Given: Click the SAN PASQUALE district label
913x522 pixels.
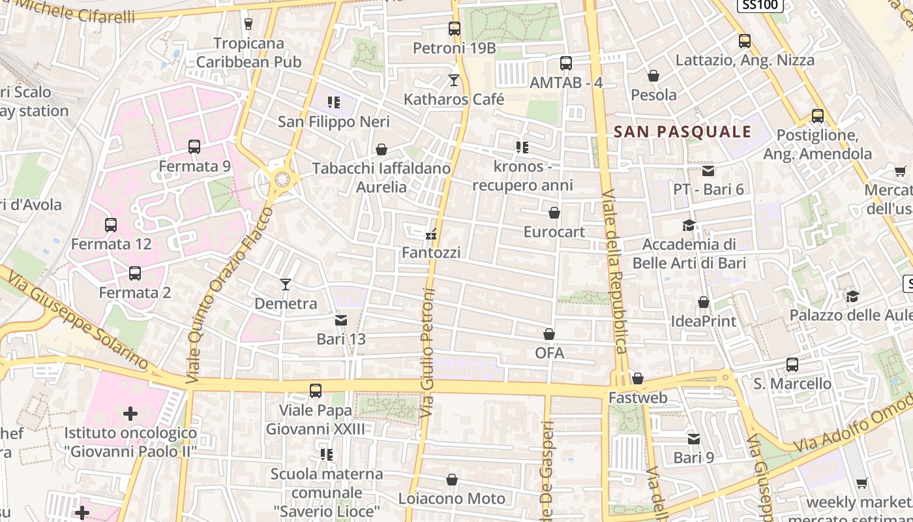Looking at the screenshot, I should [682, 132].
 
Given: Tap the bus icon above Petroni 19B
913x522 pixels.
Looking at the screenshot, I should [455, 29].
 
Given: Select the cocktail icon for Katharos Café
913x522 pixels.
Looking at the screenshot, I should [454, 80].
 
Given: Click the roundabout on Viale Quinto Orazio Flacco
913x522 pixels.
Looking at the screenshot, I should [282, 177].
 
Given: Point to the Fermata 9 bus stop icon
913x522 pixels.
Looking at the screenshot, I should [194, 147].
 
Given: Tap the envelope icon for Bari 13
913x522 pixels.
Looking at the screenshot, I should [341, 320].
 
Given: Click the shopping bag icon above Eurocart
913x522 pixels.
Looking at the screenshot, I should [554, 213].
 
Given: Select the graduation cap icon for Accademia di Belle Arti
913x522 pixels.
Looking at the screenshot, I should [689, 226].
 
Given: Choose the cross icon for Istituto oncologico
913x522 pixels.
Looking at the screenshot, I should [130, 413].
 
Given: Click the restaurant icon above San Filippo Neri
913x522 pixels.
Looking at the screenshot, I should [334, 102].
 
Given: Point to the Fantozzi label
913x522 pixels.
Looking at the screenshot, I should [431, 253].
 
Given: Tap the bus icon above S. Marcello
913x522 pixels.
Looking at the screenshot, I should [792, 364].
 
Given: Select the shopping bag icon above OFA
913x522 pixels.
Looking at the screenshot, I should [549, 334].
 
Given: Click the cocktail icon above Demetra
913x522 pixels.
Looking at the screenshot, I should [285, 284].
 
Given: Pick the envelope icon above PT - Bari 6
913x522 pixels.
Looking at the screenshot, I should [708, 171].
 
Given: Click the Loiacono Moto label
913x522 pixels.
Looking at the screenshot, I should [451, 499].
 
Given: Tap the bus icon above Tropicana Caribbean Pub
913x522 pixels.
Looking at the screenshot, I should [248, 24].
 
